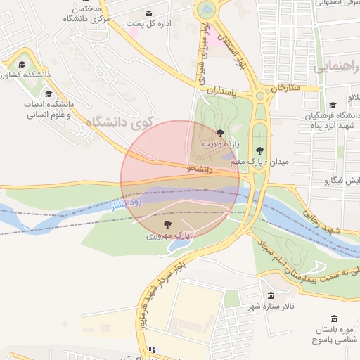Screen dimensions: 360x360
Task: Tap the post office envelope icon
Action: click(148, 13)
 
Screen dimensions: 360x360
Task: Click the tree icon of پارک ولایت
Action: click(220, 132)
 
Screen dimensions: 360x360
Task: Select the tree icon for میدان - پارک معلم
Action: click(260, 150)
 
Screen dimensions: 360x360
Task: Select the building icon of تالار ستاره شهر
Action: click(271, 295)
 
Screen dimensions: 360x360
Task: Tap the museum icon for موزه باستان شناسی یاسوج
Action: click(333, 319)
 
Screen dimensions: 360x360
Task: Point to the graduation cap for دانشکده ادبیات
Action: click(49, 94)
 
